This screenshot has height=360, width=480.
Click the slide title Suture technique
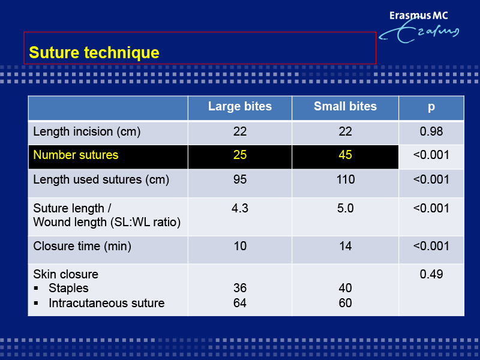point(94,52)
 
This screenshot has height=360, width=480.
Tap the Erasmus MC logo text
point(418,16)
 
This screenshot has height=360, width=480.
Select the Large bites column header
point(239,106)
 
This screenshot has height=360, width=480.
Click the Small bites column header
point(345,106)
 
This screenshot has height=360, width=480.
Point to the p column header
point(431,107)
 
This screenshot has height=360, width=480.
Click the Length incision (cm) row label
point(86,131)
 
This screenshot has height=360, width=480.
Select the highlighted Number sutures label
point(76,155)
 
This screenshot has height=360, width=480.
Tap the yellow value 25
point(239,155)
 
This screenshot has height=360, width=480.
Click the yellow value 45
point(345,155)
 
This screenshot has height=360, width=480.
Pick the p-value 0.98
point(431,131)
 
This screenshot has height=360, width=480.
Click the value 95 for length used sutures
point(239,179)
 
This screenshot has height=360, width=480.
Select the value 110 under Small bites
point(346,179)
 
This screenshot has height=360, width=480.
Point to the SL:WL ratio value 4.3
point(239,208)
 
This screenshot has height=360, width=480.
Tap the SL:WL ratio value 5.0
point(346,208)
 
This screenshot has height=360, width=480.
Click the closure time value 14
point(346,246)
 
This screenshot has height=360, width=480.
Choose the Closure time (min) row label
point(82,246)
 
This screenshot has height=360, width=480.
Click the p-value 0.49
point(431,274)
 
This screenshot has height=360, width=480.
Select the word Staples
point(68,288)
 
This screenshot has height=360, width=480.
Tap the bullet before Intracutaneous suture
point(36,303)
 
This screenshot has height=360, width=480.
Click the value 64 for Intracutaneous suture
point(239,303)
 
